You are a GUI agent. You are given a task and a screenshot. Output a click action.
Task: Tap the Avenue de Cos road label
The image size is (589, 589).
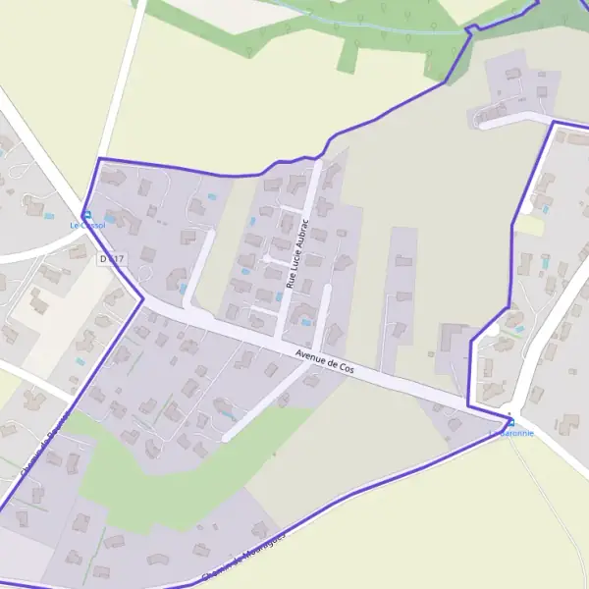(x=324, y=364)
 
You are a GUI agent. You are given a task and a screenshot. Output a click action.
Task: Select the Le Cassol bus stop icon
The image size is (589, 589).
(x=86, y=215)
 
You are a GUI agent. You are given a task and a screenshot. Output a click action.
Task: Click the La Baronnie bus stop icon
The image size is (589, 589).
(x=510, y=422)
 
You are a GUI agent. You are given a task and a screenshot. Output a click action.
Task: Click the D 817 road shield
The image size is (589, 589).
(x=113, y=258)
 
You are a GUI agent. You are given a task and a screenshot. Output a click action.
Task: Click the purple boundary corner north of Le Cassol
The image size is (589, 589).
(x=100, y=159)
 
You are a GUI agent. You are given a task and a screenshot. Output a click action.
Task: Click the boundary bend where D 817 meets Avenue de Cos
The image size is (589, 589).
(x=142, y=297)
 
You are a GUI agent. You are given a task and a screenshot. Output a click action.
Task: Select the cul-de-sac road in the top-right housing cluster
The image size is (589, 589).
(x=510, y=116)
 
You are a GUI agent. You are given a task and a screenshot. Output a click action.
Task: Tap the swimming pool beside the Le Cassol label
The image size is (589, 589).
(x=50, y=215)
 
